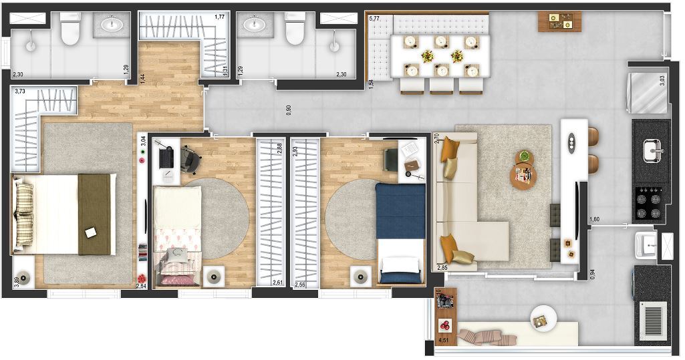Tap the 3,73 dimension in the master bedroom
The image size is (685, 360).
point(19,92)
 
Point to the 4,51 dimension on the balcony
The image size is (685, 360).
point(442,341)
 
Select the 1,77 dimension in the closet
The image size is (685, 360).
point(219,17)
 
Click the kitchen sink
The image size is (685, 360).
point(652,151)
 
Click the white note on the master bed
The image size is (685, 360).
point(91,232)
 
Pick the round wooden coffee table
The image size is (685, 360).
point(523,176)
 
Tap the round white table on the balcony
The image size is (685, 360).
point(541,319)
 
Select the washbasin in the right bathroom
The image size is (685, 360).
point(254,25)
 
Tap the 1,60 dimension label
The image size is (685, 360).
point(594,219)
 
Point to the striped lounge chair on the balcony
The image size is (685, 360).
point(486,336)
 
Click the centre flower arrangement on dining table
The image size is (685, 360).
point(457,55)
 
